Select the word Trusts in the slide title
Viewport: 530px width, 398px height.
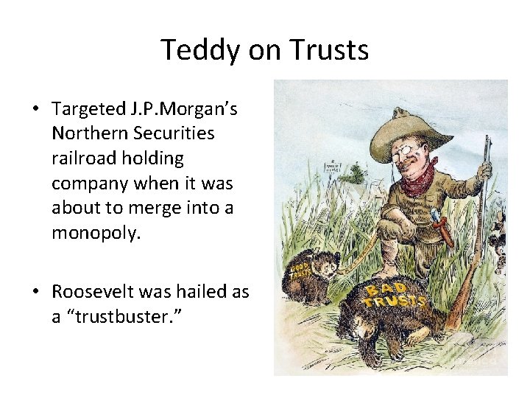(329, 50)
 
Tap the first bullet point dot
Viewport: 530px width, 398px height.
(35, 109)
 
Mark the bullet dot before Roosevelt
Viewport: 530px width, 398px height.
(35, 292)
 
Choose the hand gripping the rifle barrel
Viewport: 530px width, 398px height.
(483, 173)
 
